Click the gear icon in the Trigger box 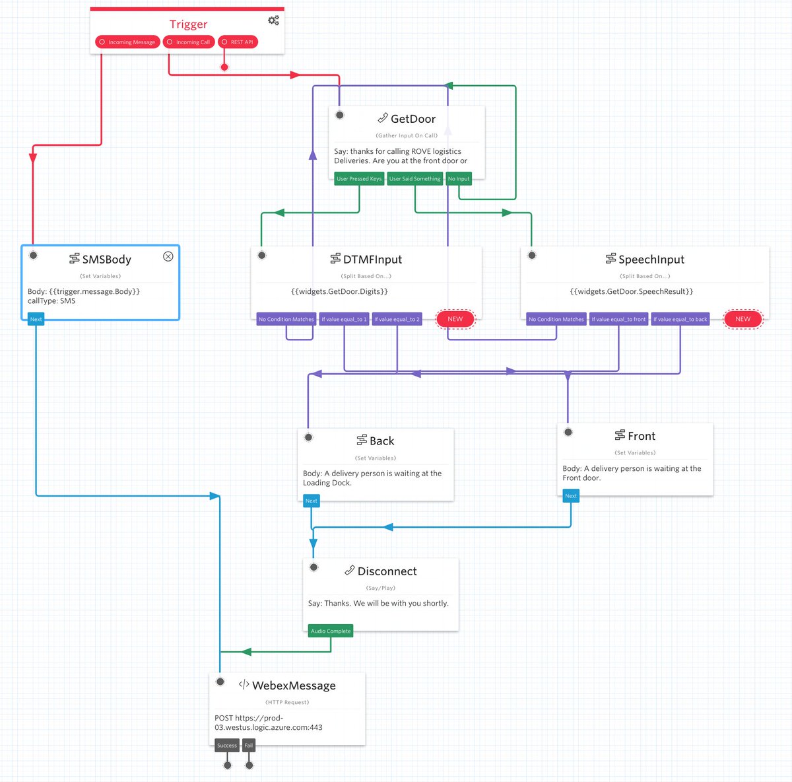tap(273, 20)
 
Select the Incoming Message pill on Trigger tap(127, 42)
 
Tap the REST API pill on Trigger tap(238, 42)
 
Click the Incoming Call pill tap(189, 42)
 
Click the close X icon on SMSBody tap(168, 256)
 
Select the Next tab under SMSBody tap(36, 319)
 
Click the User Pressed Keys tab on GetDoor tap(359, 179)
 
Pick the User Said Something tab tap(414, 179)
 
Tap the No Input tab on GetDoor tap(459, 179)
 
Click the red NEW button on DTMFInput tap(455, 319)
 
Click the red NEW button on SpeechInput tap(742, 319)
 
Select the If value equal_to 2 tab tap(397, 320)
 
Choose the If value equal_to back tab tap(680, 320)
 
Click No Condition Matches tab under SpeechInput tap(556, 320)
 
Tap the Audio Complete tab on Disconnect tap(331, 631)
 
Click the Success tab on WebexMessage tap(226, 746)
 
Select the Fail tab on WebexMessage tap(249, 746)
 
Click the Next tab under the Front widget tap(571, 496)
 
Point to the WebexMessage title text tap(294, 686)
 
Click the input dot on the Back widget tap(308, 437)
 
